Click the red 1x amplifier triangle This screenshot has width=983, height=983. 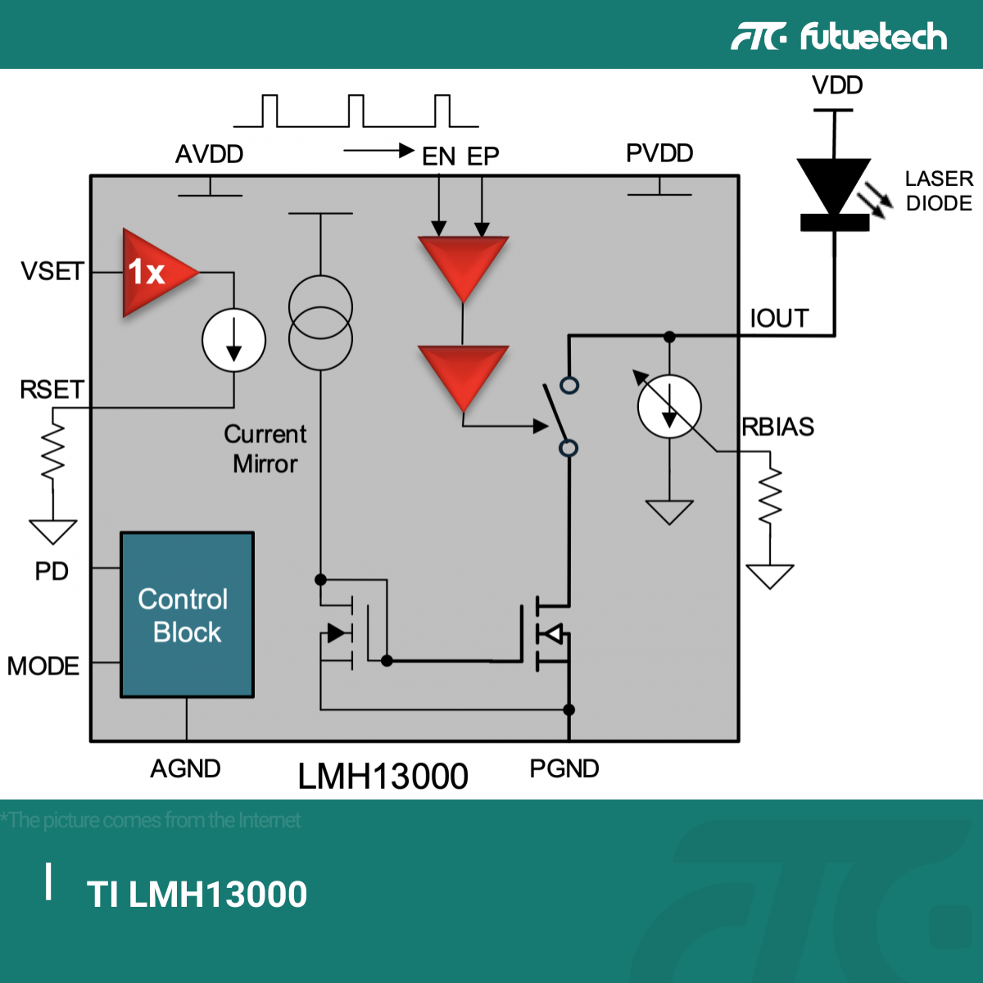pyautogui.click(x=156, y=272)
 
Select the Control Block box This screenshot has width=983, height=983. pyautogui.click(x=187, y=615)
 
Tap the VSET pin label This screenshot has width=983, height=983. pyautogui.click(x=52, y=271)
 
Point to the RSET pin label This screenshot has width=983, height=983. pyautogui.click(x=52, y=389)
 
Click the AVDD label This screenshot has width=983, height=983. pyautogui.click(x=209, y=154)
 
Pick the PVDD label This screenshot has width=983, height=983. pyautogui.click(x=659, y=153)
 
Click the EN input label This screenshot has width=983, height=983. pyautogui.click(x=438, y=156)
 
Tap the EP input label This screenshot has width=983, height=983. pyautogui.click(x=483, y=156)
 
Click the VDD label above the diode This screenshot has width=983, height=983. pyautogui.click(x=837, y=85)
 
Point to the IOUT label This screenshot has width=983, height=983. pyautogui.click(x=779, y=318)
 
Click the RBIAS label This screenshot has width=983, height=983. pyautogui.click(x=778, y=427)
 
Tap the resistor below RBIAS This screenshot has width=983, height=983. pyautogui.click(x=770, y=496)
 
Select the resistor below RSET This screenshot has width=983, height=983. pyautogui.click(x=53, y=453)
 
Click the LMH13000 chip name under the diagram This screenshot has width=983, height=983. pyautogui.click(x=383, y=776)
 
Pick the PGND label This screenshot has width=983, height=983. pyautogui.click(x=564, y=768)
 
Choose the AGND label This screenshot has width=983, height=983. pyautogui.click(x=185, y=768)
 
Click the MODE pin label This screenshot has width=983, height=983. pyautogui.click(x=43, y=666)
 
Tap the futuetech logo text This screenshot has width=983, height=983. pyautogui.click(x=873, y=37)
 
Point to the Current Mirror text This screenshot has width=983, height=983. pyautogui.click(x=265, y=449)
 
